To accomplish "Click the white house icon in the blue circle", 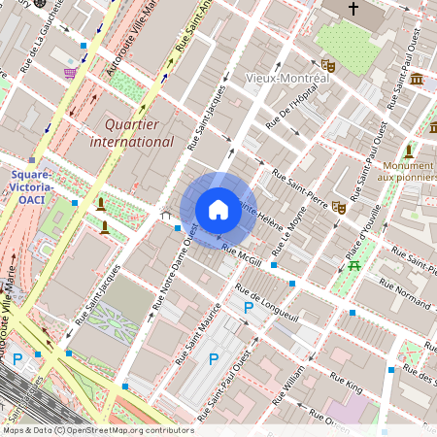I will (x=218, y=209).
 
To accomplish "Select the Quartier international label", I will (x=131, y=133).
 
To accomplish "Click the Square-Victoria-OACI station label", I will (x=32, y=186).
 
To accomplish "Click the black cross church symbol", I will (x=353, y=9).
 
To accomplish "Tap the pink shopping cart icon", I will (x=69, y=73).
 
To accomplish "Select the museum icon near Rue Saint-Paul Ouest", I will (x=416, y=79).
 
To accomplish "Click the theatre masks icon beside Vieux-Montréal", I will (x=328, y=66).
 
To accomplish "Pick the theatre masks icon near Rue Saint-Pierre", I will (x=339, y=207).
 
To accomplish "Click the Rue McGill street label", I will (x=243, y=255).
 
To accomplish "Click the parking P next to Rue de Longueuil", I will (x=249, y=307).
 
